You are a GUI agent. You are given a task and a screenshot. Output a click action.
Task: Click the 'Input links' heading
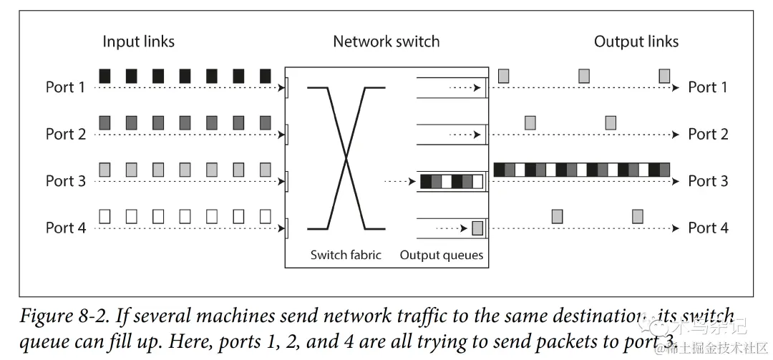click(x=138, y=42)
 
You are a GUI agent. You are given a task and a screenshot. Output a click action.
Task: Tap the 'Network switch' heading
click(x=386, y=42)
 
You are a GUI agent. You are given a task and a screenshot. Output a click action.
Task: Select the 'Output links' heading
click(x=636, y=42)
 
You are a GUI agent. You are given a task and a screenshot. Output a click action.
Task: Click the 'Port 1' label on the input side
click(x=65, y=87)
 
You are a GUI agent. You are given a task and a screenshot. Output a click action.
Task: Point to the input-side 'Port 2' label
click(x=65, y=134)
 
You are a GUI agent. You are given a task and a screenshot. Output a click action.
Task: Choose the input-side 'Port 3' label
click(x=65, y=181)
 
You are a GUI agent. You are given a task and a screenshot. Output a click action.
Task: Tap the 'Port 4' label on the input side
click(x=65, y=228)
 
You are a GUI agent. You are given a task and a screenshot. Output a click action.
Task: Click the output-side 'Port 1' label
click(x=708, y=87)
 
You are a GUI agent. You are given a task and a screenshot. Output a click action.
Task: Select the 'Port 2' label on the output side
click(x=708, y=134)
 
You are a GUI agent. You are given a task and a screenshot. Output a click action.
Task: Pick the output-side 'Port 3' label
click(x=708, y=181)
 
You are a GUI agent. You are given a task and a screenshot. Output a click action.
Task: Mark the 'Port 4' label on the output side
click(x=708, y=228)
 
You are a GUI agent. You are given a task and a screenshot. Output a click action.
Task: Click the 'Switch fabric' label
click(x=346, y=255)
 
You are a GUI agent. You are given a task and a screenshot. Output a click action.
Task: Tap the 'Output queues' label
click(x=442, y=255)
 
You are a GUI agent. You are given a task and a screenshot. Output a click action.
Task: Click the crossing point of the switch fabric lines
click(x=347, y=158)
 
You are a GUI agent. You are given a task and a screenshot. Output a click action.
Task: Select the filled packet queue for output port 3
click(x=452, y=181)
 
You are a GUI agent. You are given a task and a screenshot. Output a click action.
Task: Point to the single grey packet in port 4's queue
click(x=477, y=228)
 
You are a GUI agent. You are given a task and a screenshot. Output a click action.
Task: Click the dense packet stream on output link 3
click(x=582, y=170)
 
